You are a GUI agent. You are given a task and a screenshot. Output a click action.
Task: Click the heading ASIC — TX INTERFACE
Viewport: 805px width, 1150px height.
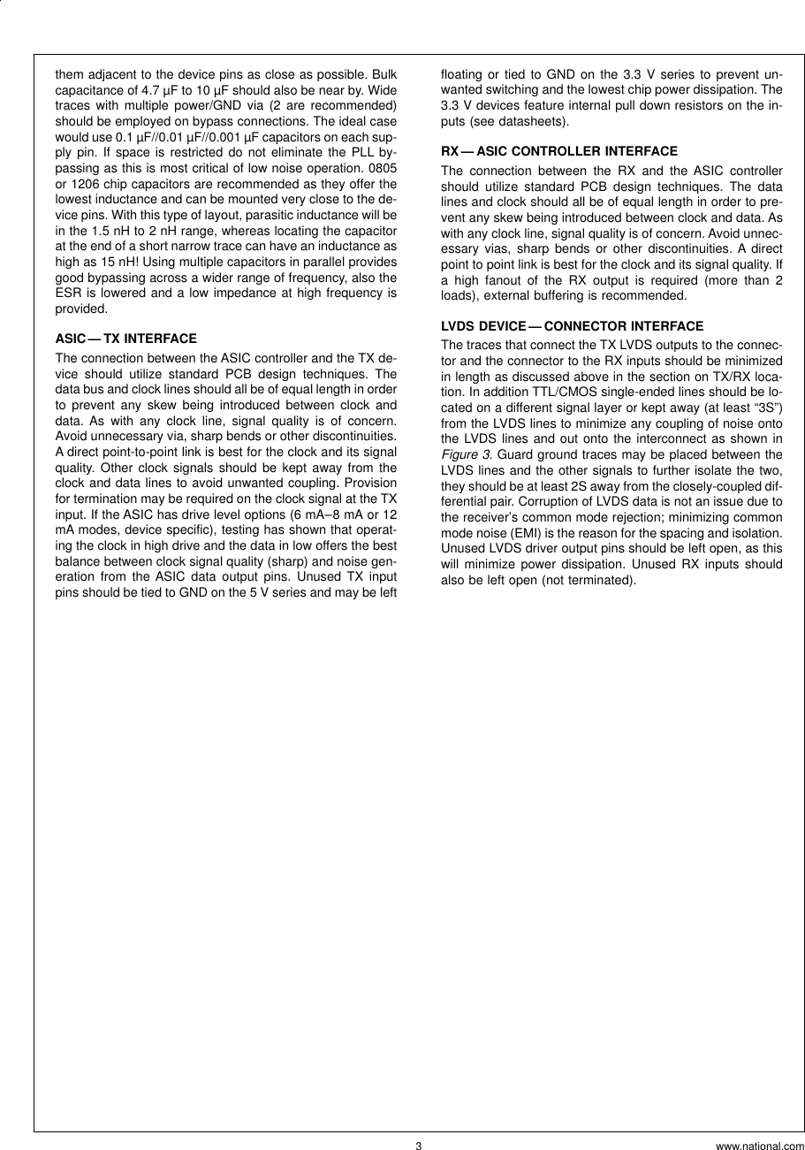click(x=125, y=339)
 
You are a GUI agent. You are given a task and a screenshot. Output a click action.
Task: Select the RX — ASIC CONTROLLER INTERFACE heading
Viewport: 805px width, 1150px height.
click(x=559, y=151)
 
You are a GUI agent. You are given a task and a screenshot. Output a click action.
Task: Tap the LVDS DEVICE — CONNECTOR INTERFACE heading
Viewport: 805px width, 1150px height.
click(x=572, y=326)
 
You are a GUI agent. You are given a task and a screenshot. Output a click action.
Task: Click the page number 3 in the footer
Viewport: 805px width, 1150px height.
click(x=419, y=1146)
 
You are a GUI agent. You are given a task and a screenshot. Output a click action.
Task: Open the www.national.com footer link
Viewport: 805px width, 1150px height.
click(x=760, y=1146)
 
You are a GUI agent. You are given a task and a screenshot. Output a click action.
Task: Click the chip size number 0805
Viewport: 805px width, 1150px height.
click(x=383, y=168)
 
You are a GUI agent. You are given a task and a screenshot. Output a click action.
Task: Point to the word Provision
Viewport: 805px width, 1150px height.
click(x=370, y=483)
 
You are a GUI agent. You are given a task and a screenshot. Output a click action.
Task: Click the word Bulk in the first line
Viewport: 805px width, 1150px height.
click(x=384, y=74)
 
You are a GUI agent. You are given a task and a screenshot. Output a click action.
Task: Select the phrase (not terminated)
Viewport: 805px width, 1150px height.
click(x=592, y=580)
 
